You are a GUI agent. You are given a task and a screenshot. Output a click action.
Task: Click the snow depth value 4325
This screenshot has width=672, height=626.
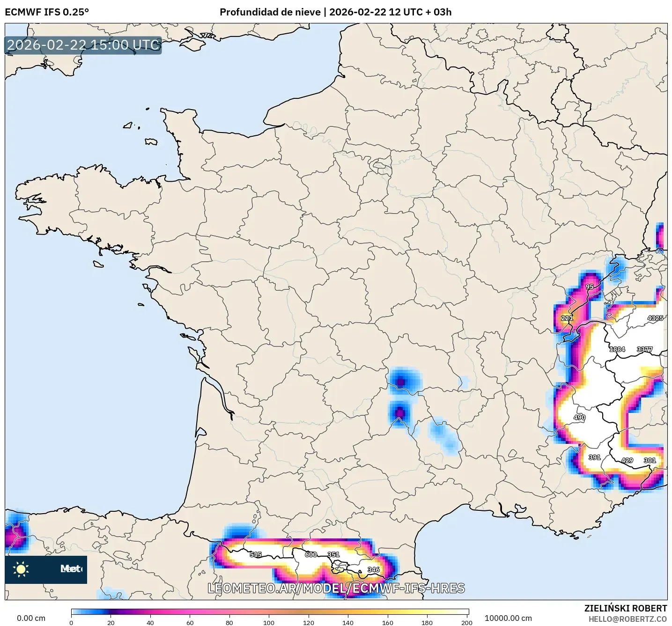coord(655,318)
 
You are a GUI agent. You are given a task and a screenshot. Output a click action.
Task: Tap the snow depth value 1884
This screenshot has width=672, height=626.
coord(617,349)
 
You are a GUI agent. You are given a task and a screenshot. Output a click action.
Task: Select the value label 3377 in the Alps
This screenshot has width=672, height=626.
coord(645,349)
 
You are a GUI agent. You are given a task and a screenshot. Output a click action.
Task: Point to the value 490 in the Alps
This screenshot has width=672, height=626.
coord(579,418)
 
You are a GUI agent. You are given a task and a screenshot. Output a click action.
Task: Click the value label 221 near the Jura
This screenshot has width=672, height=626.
coord(567,318)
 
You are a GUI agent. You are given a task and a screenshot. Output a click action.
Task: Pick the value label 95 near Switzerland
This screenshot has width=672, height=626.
coord(590,287)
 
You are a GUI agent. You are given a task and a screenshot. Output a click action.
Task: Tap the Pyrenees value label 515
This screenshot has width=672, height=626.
coord(256,554)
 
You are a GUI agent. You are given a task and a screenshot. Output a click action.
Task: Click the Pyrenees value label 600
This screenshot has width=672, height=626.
coord(311,554)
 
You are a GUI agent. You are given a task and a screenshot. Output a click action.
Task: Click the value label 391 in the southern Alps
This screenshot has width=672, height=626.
coord(594,457)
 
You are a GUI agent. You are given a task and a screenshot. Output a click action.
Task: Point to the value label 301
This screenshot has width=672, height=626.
coord(650,460)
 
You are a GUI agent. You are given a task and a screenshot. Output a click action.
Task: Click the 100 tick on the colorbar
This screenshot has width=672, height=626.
coord(269,622)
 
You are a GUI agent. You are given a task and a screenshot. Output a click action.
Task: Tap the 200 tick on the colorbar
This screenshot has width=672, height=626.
coord(466,622)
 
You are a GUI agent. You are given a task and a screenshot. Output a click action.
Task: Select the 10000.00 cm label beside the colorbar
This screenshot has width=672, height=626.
coord(508,618)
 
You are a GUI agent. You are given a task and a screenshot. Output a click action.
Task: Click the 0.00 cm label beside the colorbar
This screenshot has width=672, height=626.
coord(31,618)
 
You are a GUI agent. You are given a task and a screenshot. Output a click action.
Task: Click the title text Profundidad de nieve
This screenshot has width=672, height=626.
coord(270,12)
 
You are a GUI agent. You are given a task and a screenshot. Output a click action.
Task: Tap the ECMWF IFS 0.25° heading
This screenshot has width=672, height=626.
coord(47,12)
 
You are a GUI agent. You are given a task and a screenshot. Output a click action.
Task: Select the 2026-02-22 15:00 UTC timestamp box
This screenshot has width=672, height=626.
coord(83,45)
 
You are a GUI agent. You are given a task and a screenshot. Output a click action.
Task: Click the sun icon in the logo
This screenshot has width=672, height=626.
coord(21,569)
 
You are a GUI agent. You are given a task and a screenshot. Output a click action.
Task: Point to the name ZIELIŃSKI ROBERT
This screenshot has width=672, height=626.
coord(626,608)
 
